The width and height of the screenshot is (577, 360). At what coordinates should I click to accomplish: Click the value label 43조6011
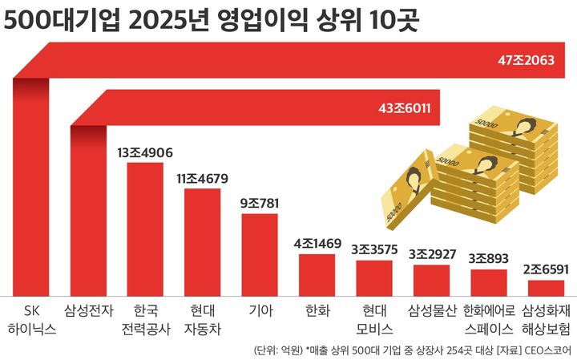coord(405,107)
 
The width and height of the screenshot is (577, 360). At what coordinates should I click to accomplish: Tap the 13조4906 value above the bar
coord(145,152)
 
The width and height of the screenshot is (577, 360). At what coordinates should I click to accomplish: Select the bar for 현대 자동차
coord(202,241)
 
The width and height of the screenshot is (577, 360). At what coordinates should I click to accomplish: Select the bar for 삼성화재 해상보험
coord(546,287)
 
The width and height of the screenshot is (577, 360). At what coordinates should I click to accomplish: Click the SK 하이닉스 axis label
coord(30,318)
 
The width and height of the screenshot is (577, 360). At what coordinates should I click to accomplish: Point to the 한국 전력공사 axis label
coord(145,318)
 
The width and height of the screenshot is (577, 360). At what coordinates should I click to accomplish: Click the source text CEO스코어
coord(547,350)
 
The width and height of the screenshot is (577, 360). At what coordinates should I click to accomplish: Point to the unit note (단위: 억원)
coord(276,350)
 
